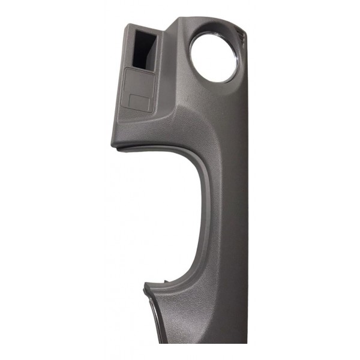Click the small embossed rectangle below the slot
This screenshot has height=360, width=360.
pyautogui.click(x=139, y=101)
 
